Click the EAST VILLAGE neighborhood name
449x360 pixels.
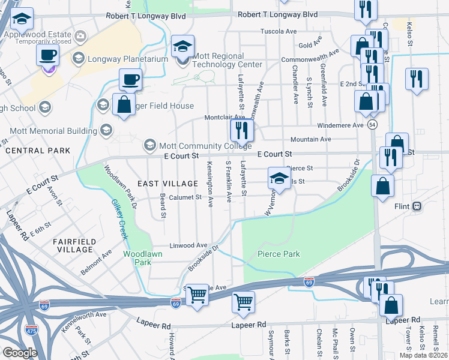167,183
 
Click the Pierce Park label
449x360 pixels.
279,254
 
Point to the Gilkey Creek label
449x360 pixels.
119,220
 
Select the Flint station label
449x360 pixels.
402,206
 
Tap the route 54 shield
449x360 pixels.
373,124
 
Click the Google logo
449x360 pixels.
20,352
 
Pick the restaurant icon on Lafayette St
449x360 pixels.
242,131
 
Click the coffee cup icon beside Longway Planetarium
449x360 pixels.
47,56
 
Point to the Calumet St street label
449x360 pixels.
181,197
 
